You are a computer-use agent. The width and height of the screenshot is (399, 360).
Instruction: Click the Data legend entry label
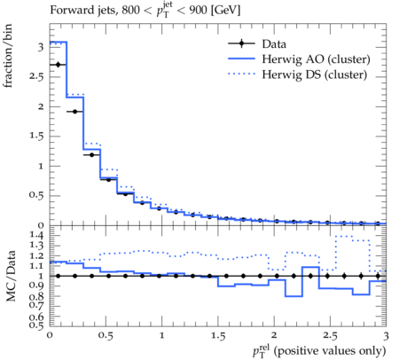[274, 44]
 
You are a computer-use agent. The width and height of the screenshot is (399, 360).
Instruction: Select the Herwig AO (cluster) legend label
[316, 59]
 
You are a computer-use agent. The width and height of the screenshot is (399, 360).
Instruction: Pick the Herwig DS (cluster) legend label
[315, 74]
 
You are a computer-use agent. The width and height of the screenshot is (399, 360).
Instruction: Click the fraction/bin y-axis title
[7, 56]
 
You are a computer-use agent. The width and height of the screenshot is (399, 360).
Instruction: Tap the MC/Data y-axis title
[11, 276]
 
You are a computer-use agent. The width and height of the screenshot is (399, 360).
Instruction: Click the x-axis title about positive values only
[319, 351]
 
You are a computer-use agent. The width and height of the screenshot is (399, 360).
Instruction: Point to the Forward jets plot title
[145, 10]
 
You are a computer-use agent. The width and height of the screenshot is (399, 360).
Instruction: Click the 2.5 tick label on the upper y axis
[36, 77]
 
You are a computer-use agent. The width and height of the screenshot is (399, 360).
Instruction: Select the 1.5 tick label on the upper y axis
[36, 137]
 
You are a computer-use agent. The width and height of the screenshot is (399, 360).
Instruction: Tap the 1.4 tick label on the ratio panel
[36, 236]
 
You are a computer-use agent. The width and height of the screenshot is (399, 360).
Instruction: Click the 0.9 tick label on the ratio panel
[36, 286]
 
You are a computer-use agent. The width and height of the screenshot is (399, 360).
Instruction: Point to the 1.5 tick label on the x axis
[218, 336]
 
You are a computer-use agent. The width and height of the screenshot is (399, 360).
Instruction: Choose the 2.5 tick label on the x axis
[330, 336]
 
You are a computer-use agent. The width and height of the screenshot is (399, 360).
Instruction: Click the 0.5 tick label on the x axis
[106, 336]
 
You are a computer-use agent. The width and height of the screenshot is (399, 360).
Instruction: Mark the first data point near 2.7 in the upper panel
[58, 65]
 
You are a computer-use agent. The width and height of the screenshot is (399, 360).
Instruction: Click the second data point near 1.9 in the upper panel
[74, 112]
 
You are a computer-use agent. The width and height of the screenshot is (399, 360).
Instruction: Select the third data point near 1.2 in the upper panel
[91, 154]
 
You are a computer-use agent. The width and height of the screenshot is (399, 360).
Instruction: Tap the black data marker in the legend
[241, 43]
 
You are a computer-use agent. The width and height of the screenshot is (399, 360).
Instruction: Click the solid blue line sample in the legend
[241, 59]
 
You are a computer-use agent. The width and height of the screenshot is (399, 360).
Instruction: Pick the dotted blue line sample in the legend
[241, 74]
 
